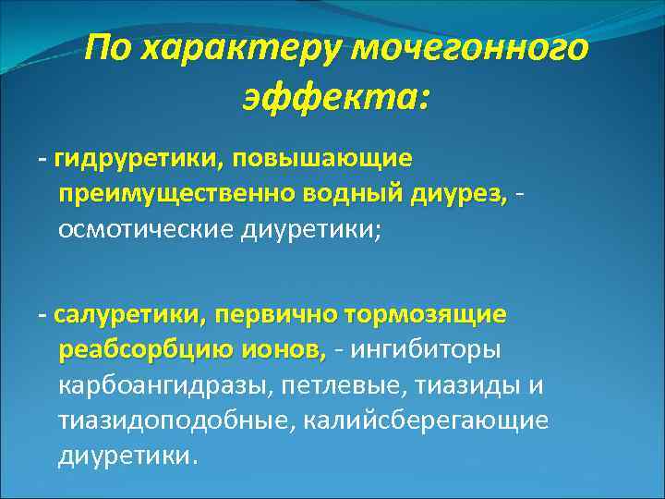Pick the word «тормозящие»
(425, 315)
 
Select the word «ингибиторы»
(426, 350)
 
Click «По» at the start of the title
(105, 49)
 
